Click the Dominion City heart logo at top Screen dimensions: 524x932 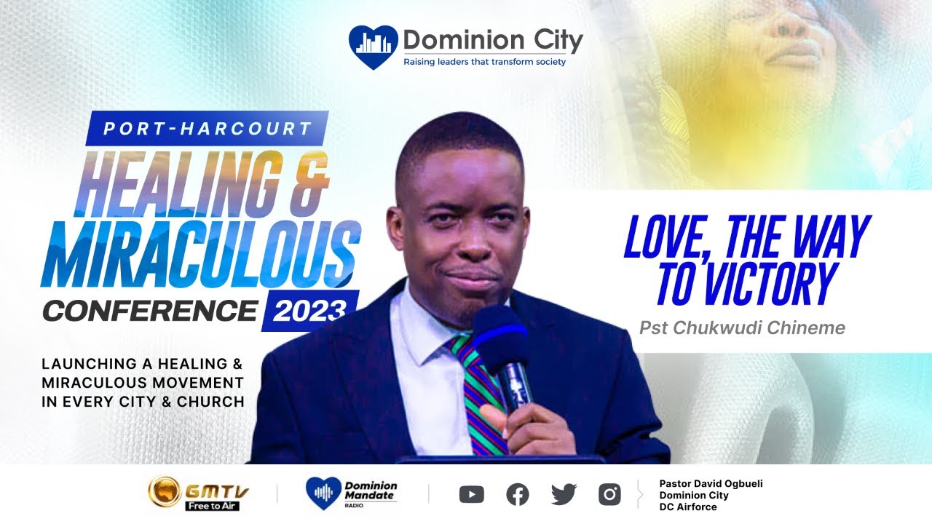[374, 47]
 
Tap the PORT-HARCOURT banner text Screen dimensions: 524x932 [208, 129]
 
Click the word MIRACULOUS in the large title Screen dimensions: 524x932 [200, 251]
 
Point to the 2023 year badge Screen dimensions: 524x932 [309, 311]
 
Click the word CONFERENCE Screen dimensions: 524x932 [149, 311]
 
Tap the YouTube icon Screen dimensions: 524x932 [472, 495]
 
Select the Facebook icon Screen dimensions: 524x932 [517, 495]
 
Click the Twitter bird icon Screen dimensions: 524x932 [564, 495]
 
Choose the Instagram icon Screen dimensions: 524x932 [609, 495]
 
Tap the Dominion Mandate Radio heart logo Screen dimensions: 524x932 [323, 493]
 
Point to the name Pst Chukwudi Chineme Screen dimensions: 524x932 [742, 328]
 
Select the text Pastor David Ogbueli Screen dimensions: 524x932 [711, 483]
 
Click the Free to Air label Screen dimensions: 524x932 [212, 506]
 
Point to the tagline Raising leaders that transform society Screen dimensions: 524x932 [484, 63]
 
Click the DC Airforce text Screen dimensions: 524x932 [688, 507]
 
